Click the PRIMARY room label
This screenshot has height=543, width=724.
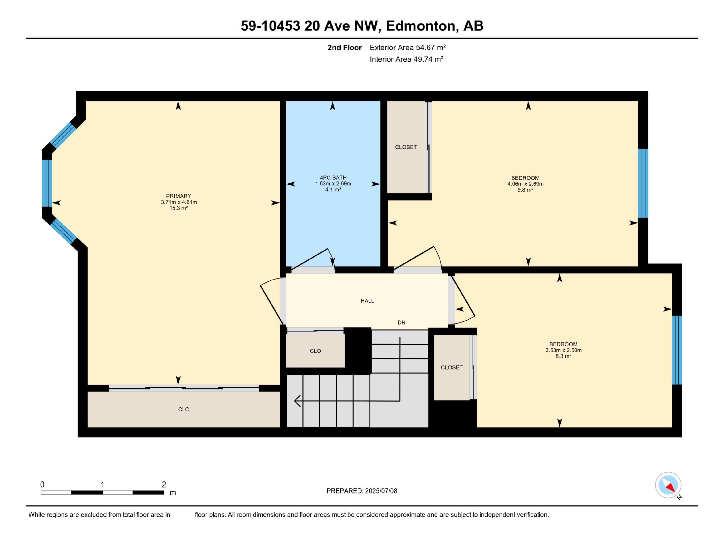coord(178,196)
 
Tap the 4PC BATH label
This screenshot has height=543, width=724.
coord(333,178)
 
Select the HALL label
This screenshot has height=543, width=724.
coord(367,301)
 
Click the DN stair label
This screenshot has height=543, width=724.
coord(401,322)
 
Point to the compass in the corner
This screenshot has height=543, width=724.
coord(668,485)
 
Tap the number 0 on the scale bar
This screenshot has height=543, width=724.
coord(42,484)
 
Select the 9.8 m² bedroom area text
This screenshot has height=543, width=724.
coord(525,190)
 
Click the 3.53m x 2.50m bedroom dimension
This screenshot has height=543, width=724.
coord(563,350)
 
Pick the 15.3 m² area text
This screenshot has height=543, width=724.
coord(178,208)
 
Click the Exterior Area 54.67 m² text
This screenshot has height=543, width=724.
coord(408,47)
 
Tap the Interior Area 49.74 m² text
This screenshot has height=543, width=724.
coord(407,59)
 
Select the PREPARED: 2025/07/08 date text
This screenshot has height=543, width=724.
coord(362,491)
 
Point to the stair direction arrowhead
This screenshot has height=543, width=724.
coord(297,401)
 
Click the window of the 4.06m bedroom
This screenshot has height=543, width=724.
coord(643,183)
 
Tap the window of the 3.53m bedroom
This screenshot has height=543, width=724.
coord(677,350)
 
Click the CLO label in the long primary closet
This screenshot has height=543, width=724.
coord(184,409)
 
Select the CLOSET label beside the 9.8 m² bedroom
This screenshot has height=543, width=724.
coord(406,147)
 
